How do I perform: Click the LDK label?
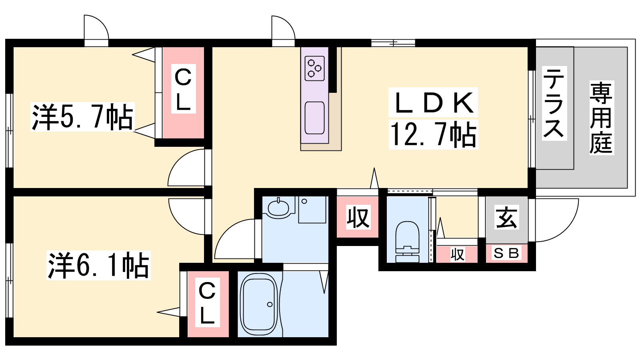pyautogui.click(x=433, y=102)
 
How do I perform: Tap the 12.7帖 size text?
pyautogui.click(x=433, y=134)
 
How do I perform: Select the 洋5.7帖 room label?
pyautogui.click(x=82, y=117)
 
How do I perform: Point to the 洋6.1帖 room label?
pyautogui.click(x=98, y=265)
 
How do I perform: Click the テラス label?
pyautogui.click(x=554, y=103)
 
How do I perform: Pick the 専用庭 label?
pyautogui.click(x=602, y=118)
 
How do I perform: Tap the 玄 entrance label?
pyautogui.click(x=506, y=218)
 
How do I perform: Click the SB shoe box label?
pyautogui.click(x=506, y=253)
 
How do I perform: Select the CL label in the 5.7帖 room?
pyautogui.click(x=183, y=89)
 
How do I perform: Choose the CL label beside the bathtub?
pyautogui.click(x=207, y=302)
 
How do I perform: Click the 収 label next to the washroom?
pyautogui.click(x=358, y=218)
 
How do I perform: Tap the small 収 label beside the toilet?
pyautogui.click(x=458, y=254)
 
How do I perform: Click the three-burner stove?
pyautogui.click(x=314, y=68)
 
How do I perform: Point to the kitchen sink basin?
pyautogui.click(x=314, y=118)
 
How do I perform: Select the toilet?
pyautogui.click(x=408, y=242)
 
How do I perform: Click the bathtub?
pyautogui.click(x=259, y=304)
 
